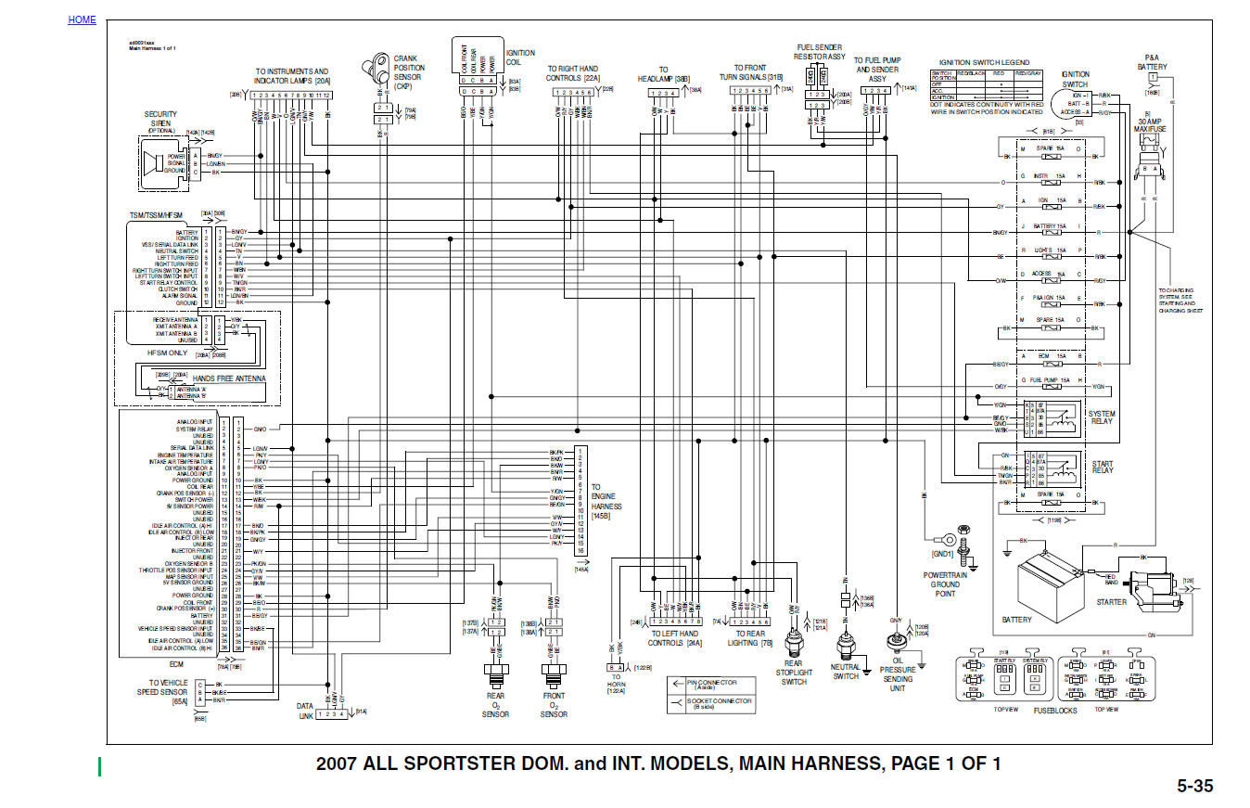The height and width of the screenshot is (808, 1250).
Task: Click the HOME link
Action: click(82, 19)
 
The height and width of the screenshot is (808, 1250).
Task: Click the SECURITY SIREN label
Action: click(160, 122)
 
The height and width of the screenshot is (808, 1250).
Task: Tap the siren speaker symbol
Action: click(151, 163)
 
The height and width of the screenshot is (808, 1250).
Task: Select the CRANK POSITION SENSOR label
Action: click(409, 72)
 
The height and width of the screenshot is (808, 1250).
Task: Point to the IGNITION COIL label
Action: click(519, 58)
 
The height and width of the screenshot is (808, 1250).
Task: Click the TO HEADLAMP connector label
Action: click(663, 74)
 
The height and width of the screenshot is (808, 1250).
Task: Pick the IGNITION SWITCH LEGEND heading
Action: click(984, 62)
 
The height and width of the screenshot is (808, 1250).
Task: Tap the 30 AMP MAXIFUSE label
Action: click(1150, 124)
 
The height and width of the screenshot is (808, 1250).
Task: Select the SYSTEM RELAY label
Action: click(1103, 418)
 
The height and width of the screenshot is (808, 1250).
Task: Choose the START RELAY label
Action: click(1103, 468)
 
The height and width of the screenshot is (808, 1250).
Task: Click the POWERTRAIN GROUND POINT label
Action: click(945, 585)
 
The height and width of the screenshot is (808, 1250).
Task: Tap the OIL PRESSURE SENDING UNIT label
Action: click(898, 678)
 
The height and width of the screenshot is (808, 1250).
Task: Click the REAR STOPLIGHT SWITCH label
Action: click(794, 673)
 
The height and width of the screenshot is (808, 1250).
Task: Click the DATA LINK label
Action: click(305, 711)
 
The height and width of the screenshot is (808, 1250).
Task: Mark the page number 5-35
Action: click(1195, 787)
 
